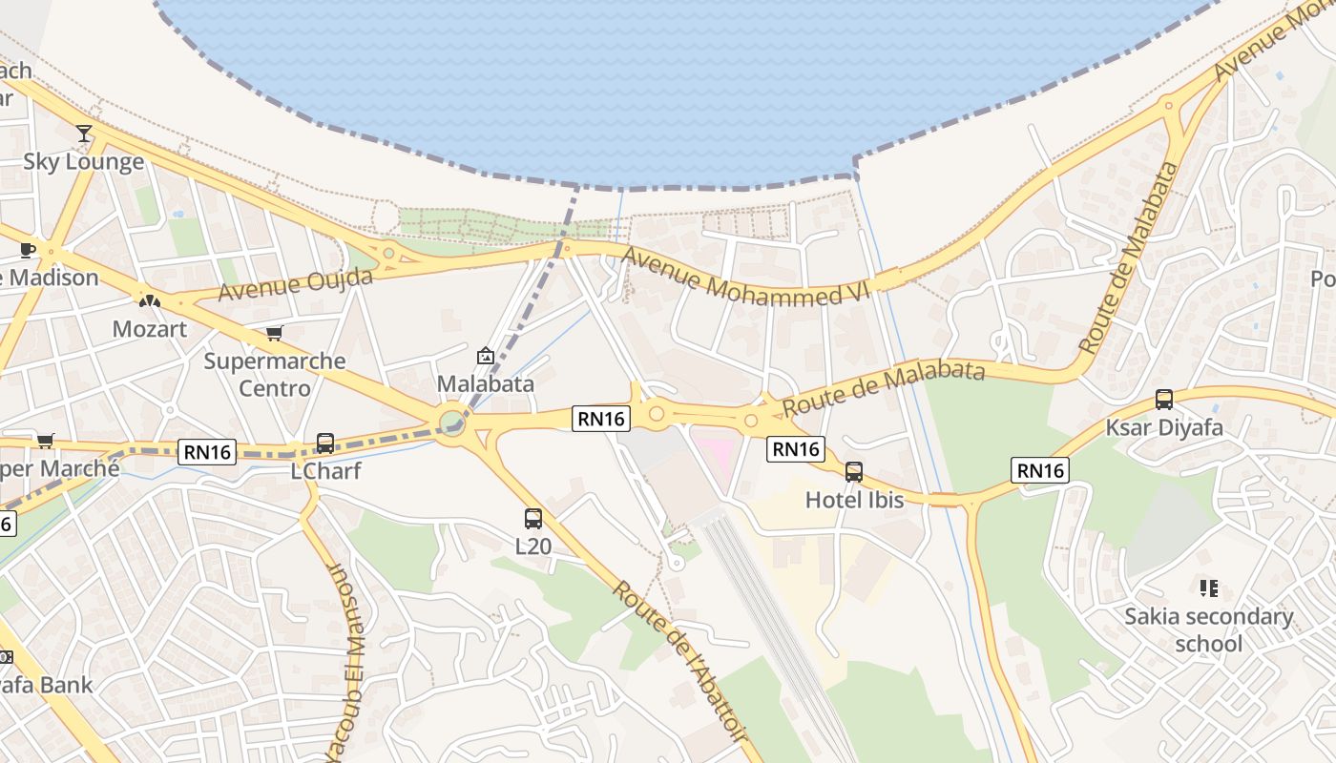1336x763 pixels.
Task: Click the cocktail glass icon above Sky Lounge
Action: [84, 134]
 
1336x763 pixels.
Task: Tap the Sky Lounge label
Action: [84, 161]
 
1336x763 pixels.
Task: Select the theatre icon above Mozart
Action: [150, 301]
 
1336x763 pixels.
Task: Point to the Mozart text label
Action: [150, 329]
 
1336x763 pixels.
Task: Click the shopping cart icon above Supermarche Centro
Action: [275, 333]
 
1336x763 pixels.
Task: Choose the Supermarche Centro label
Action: [275, 375]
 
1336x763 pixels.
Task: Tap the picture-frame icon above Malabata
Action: [485, 357]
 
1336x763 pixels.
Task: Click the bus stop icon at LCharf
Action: [325, 443]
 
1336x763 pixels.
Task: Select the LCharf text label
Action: [325, 471]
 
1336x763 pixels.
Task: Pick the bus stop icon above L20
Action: [533, 519]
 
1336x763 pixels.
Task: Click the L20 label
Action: [533, 546]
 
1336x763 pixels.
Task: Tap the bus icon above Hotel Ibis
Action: [854, 472]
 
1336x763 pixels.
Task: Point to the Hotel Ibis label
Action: [854, 500]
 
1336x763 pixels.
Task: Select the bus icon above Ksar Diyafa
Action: [1164, 400]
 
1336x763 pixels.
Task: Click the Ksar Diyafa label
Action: [1164, 427]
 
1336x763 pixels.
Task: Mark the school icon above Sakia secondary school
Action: [1209, 588]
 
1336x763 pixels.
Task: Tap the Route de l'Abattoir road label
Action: [678, 658]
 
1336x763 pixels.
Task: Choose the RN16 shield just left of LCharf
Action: [207, 452]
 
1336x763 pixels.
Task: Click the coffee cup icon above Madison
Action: [28, 250]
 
